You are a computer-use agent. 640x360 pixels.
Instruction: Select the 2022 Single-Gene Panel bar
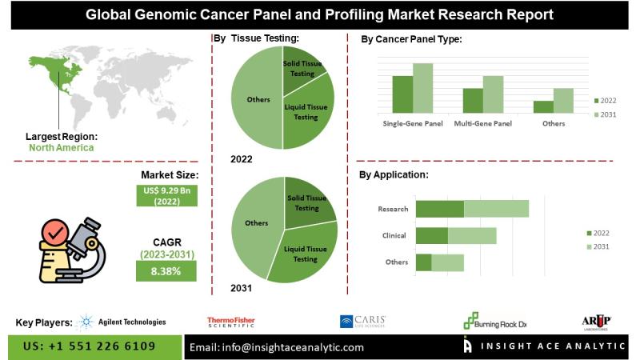tap(402, 94)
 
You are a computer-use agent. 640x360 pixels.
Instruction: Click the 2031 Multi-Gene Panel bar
tap(493, 94)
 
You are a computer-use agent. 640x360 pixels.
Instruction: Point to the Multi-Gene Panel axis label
tap(482, 124)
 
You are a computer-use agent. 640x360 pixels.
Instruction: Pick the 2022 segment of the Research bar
tap(439, 209)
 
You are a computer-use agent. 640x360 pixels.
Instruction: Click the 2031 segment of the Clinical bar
tap(472, 235)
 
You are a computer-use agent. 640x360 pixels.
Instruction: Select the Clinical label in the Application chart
tap(394, 236)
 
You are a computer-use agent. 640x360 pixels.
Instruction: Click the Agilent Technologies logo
tap(121, 322)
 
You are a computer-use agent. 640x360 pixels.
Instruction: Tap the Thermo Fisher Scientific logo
tap(231, 322)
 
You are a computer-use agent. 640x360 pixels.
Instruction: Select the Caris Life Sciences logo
tap(363, 322)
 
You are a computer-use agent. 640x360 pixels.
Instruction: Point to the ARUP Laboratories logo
tap(596, 322)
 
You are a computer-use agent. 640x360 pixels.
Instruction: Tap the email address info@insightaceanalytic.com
tap(276, 347)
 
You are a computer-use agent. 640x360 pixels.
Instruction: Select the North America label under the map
tap(61, 147)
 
